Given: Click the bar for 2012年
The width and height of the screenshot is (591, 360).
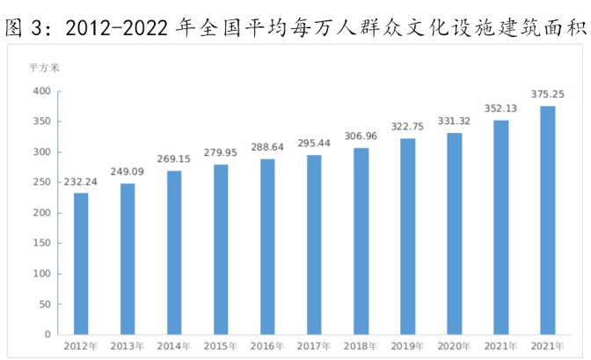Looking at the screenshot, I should pyautogui.click(x=81, y=263).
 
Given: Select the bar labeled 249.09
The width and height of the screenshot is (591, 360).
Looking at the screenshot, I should pyautogui.click(x=128, y=259).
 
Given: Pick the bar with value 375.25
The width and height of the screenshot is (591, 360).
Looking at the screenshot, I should pyautogui.click(x=547, y=220).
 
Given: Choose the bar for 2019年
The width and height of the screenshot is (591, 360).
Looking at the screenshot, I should pyautogui.click(x=407, y=236).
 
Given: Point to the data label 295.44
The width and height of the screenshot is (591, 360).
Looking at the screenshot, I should pyautogui.click(x=314, y=143).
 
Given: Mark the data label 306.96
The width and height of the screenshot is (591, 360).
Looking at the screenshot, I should pyautogui.click(x=361, y=136).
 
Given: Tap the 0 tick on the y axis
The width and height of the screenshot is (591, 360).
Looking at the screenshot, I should pyautogui.click(x=49, y=334).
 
